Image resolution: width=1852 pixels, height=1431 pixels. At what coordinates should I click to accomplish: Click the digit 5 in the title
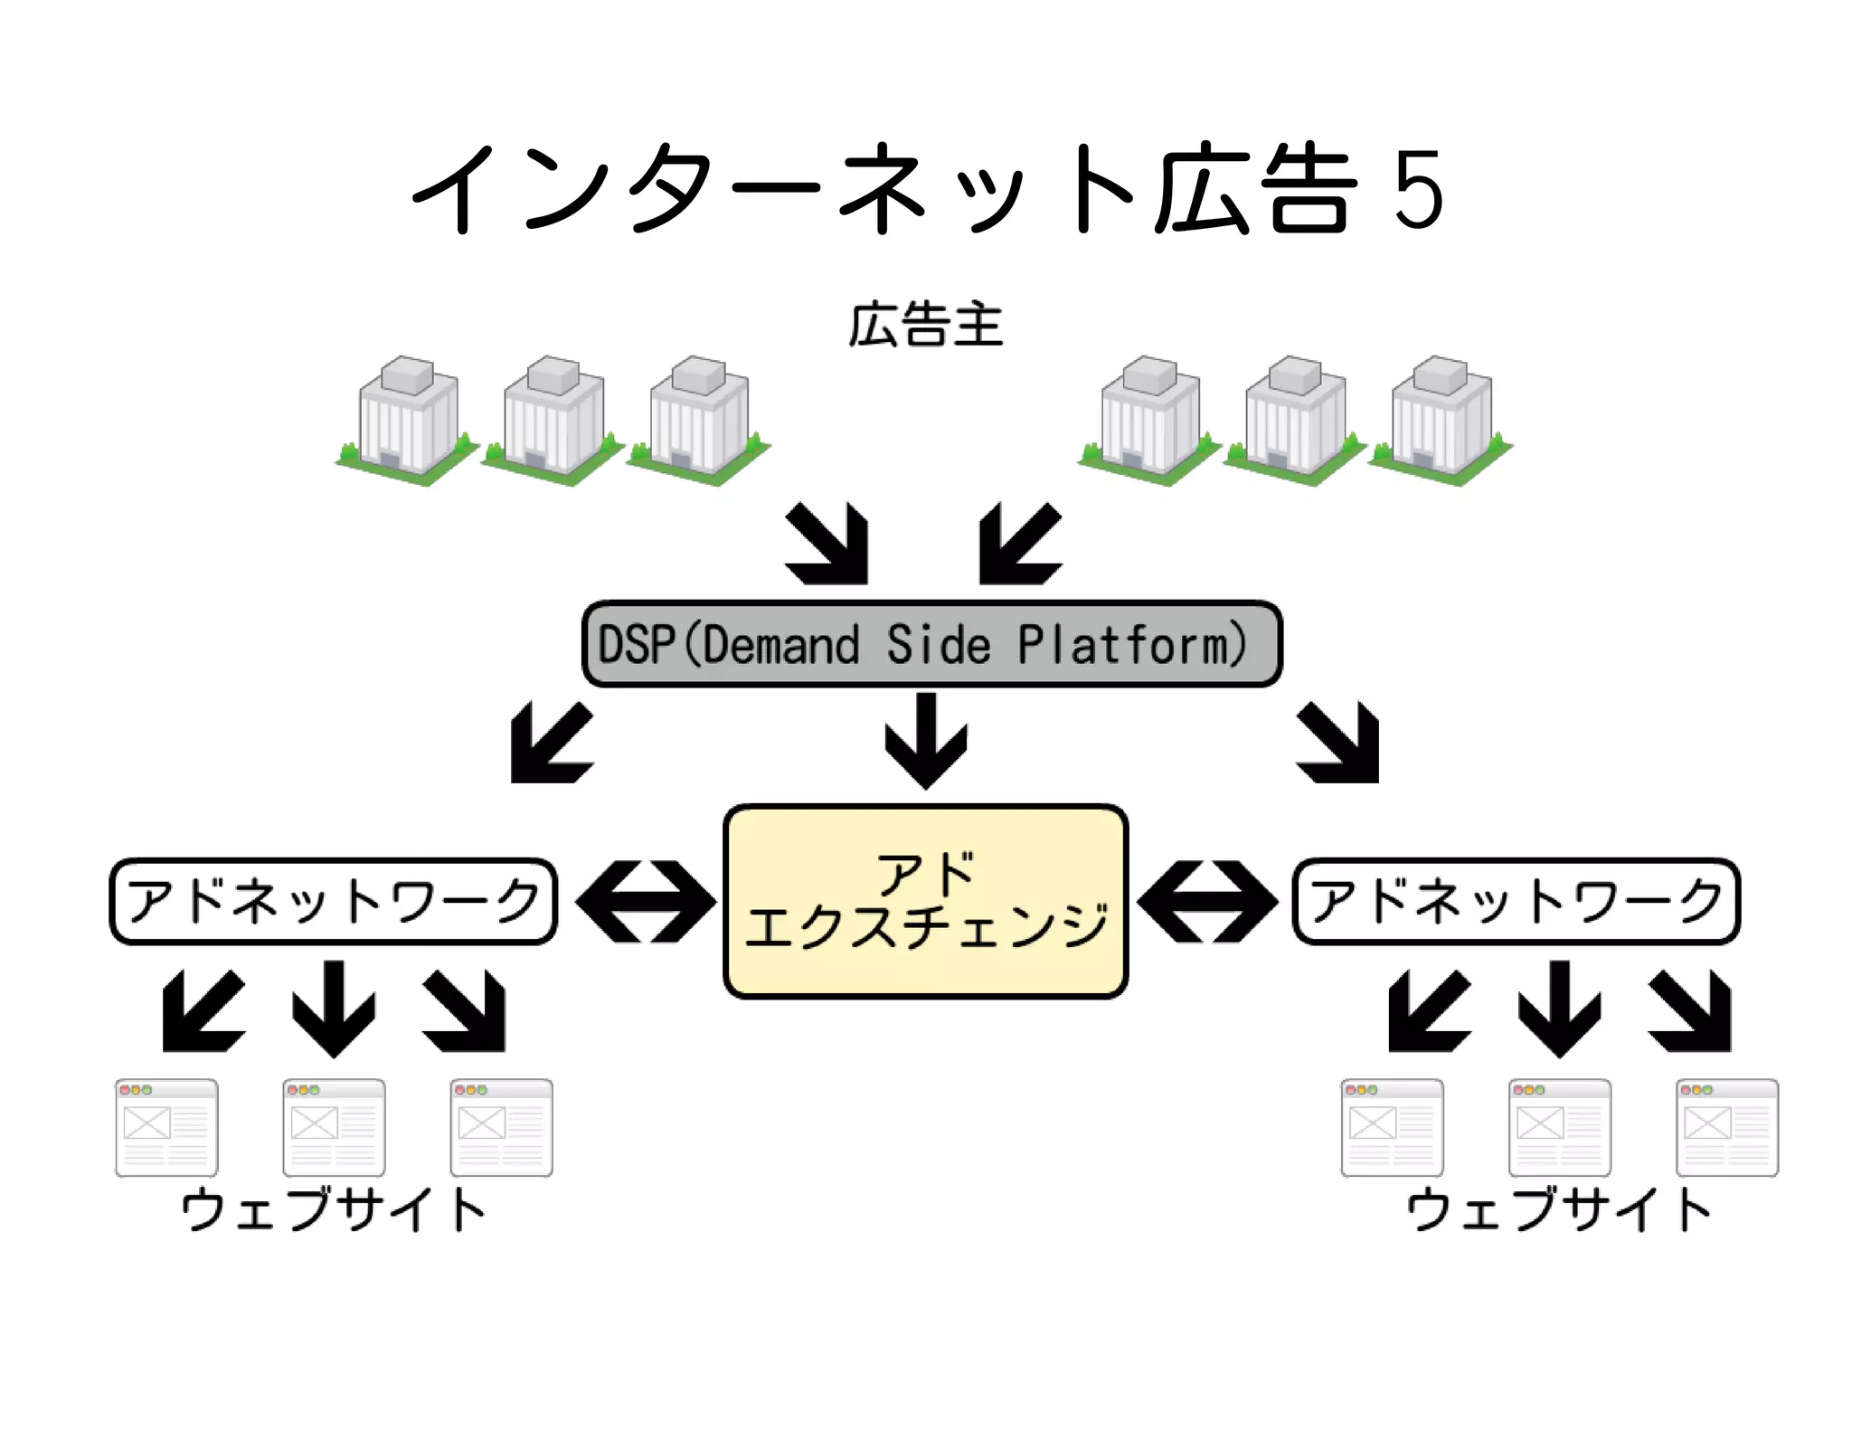pos(1418,190)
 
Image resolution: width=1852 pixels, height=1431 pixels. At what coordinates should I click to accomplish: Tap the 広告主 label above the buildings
pos(925,326)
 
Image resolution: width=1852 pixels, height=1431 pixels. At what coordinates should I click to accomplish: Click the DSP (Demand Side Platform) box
pos(931,644)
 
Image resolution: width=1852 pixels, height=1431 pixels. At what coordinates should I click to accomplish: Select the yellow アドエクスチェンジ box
pos(926,901)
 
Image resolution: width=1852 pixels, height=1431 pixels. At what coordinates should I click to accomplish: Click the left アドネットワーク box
pos(333,901)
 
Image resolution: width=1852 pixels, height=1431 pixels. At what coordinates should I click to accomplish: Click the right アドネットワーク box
pos(1516,901)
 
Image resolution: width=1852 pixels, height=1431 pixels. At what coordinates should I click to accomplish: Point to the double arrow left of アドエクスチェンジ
pos(645,901)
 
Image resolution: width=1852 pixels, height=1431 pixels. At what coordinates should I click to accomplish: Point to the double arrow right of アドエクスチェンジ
pos(1207,901)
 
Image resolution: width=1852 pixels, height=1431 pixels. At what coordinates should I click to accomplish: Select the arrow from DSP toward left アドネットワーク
pos(549,745)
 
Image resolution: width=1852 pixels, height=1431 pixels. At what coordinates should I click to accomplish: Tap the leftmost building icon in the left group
pos(407,421)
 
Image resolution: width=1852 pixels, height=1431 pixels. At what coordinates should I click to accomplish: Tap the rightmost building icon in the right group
pos(1441,421)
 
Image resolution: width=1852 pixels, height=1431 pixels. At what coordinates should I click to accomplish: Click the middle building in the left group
pos(553,421)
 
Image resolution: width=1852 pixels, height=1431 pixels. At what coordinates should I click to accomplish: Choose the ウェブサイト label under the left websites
pos(333,1209)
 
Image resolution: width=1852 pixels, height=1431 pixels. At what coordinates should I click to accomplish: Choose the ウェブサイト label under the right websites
pos(1558,1209)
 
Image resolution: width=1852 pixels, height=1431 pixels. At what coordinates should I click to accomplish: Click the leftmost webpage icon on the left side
pos(166,1127)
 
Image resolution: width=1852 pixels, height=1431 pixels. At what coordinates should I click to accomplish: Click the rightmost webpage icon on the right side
pos(1726,1127)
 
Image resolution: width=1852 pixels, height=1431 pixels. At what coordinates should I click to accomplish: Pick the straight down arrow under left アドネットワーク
pos(334,1009)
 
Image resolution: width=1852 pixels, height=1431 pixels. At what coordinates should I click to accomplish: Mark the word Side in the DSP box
pos(938,645)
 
